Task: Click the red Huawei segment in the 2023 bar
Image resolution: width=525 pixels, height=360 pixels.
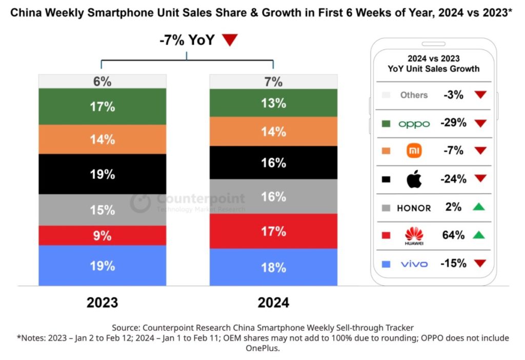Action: [103, 235]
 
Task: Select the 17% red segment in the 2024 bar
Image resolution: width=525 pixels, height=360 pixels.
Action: [273, 231]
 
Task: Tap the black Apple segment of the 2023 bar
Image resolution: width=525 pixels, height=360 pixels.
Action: [103, 174]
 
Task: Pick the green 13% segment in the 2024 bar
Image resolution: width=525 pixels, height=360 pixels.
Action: [273, 103]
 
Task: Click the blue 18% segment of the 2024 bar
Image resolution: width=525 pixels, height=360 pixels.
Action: [273, 267]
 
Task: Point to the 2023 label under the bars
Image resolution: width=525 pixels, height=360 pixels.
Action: [102, 303]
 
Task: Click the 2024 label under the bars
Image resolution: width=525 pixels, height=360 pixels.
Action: [273, 303]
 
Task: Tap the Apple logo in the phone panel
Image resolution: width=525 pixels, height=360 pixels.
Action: [414, 179]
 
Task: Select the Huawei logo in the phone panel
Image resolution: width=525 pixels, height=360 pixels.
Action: [414, 236]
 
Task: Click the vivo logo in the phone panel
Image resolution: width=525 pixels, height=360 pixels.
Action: [414, 264]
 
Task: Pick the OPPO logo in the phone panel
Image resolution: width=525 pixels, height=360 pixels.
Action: [414, 124]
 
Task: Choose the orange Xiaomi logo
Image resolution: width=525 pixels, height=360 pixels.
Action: [414, 151]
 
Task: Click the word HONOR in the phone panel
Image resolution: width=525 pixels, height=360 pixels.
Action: [414, 208]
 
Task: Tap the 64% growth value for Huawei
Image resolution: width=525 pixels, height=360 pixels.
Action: [454, 235]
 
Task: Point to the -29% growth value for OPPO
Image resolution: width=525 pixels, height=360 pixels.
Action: [454, 123]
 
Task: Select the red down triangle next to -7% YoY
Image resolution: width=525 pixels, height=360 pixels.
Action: [229, 41]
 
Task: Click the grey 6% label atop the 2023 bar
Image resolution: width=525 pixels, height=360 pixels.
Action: [103, 81]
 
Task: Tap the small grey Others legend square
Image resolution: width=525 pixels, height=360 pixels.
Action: [387, 95]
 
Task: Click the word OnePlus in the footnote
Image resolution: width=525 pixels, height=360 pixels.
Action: [262, 349]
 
